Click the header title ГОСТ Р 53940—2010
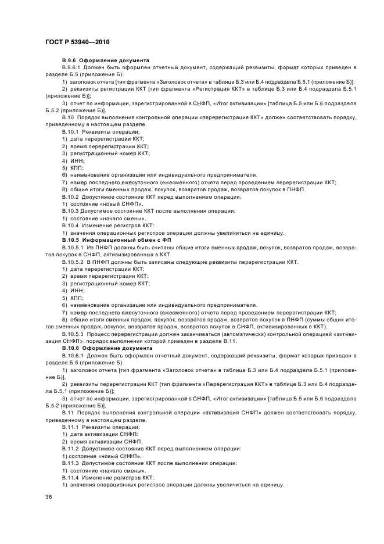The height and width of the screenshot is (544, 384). click(x=77, y=43)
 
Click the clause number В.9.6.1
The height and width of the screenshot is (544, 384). click(x=73, y=68)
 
